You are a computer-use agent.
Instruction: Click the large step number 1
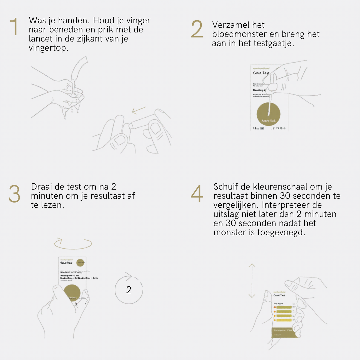point(14,27)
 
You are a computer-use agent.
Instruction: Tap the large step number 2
point(197,29)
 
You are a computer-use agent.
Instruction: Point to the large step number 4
point(197,194)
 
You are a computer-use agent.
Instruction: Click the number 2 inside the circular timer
point(129,290)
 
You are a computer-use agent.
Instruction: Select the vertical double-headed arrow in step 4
point(252,280)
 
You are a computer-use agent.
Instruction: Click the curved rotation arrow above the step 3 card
point(73,243)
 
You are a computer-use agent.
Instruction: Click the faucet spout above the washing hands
point(79,68)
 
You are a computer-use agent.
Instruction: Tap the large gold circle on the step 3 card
point(72,293)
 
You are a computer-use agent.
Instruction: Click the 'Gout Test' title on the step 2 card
point(261,73)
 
